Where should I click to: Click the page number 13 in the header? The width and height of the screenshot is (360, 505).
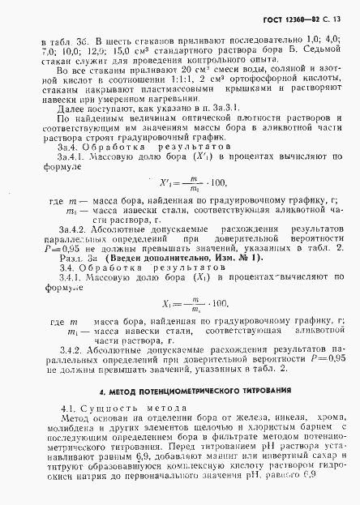pos(341,19)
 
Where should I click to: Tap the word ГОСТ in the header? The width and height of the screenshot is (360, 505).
pos(278,19)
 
